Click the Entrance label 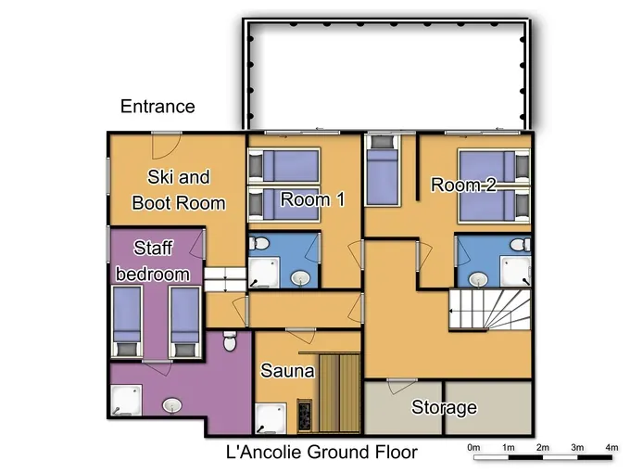tap(157, 107)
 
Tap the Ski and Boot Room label tap(179, 190)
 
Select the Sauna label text tap(287, 370)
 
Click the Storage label tap(444, 407)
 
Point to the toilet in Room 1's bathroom tap(258, 243)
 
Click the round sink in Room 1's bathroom tap(300, 278)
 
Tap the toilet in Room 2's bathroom tap(521, 244)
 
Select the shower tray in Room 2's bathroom tap(515, 272)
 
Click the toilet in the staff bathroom tap(230, 341)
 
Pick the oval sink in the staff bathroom tap(172, 405)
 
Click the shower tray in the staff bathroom tap(126, 400)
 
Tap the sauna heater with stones tap(305, 415)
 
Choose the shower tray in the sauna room tap(271, 418)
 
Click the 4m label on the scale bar tap(611, 447)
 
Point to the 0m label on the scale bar tap(473, 447)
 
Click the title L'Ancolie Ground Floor tap(321, 452)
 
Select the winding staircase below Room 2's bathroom tap(490, 309)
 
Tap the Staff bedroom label tap(153, 261)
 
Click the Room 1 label tap(312, 199)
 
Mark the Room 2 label tap(463, 185)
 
